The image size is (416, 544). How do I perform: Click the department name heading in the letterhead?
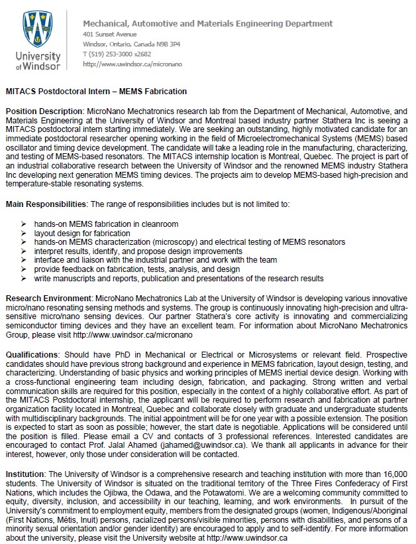207,24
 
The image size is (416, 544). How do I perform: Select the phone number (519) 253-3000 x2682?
118,54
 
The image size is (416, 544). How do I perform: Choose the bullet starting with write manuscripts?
179,279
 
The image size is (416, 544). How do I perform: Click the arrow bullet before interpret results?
25,252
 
